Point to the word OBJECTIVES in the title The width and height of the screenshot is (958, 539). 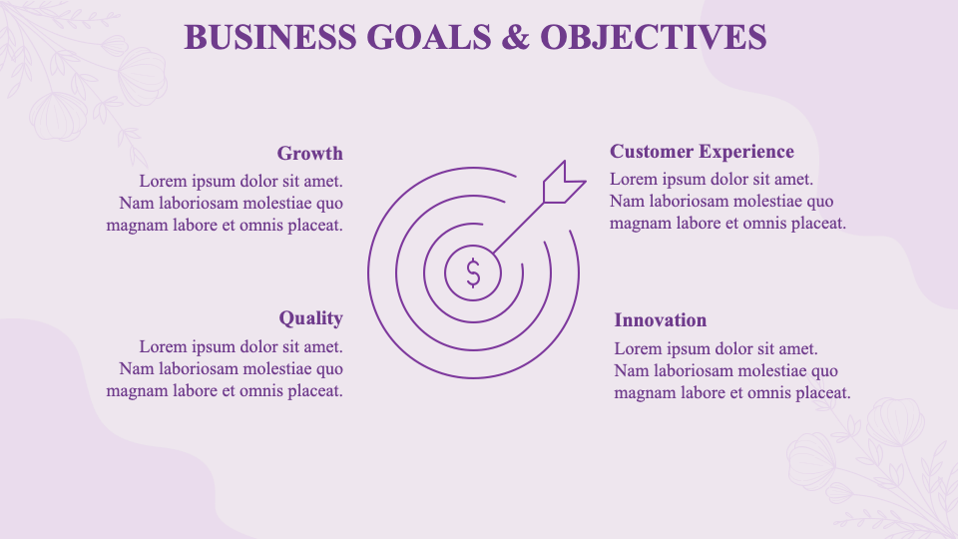pyautogui.click(x=654, y=37)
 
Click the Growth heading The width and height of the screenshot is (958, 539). pyautogui.click(x=309, y=154)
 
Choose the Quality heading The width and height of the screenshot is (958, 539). pyautogui.click(x=310, y=318)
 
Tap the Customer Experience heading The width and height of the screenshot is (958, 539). pyautogui.click(x=702, y=152)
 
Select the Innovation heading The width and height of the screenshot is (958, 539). pyautogui.click(x=660, y=320)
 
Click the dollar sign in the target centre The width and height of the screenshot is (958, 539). pyautogui.click(x=473, y=271)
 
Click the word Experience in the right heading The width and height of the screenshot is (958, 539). pyautogui.click(x=746, y=152)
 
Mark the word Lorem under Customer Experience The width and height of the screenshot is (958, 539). pyautogui.click(x=633, y=180)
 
